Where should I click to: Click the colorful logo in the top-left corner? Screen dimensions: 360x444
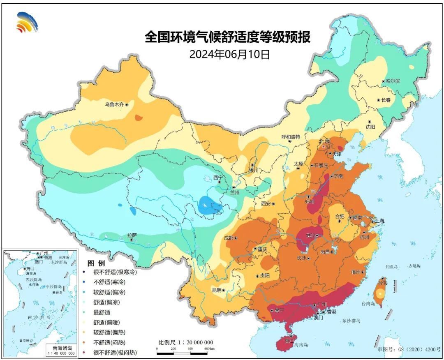pos(27,22)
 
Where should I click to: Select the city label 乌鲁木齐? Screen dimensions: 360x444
pos(114,105)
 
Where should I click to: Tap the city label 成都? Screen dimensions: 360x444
pos(229,238)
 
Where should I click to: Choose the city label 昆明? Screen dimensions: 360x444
pos(216,290)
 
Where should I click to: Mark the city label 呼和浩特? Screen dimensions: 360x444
pos(291,136)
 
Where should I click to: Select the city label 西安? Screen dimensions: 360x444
pos(266,203)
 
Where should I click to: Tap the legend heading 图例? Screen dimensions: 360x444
pos(95,263)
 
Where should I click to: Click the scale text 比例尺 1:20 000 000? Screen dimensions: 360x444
pos(186,342)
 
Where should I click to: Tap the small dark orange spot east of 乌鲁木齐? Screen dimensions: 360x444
pos(139,118)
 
